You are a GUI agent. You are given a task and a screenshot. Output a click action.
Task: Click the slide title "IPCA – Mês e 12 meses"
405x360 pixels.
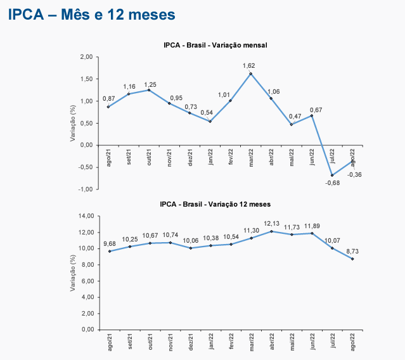click(x=91, y=13)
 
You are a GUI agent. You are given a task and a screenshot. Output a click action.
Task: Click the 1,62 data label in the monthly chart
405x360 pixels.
click(x=249, y=65)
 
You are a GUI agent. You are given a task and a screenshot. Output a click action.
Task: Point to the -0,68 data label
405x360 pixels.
click(x=332, y=183)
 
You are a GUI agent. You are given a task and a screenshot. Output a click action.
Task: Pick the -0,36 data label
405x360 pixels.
click(x=354, y=174)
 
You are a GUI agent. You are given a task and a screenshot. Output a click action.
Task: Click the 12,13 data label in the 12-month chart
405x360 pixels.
click(x=271, y=223)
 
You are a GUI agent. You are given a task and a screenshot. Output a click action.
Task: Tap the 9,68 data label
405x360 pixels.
click(x=108, y=243)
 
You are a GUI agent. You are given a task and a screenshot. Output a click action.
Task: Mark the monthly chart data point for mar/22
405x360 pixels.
click(x=251, y=74)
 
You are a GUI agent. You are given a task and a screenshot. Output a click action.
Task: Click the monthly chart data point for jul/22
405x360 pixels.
click(x=332, y=175)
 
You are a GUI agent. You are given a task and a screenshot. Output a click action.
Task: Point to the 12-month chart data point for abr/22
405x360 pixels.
click(x=271, y=231)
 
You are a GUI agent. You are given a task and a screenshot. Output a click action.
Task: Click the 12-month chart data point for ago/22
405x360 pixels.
click(x=352, y=259)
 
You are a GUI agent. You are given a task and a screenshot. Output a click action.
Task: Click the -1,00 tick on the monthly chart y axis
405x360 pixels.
click(x=86, y=189)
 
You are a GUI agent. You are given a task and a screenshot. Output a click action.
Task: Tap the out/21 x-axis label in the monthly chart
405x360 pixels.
click(x=150, y=157)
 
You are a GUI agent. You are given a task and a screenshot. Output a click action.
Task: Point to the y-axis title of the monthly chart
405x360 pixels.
click(x=73, y=123)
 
